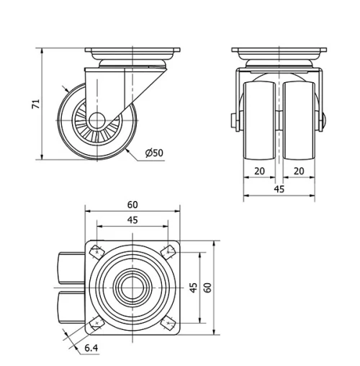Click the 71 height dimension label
[35, 103]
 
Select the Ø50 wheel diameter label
[154, 153]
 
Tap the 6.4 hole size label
[91, 348]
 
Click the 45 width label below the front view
[279, 189]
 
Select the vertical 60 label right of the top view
[207, 287]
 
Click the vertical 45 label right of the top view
[192, 287]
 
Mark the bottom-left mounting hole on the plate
[96, 323]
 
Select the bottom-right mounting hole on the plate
[169, 323]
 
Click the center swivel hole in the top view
[132, 287]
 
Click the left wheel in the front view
[259, 119]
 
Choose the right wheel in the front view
[300, 119]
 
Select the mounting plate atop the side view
[132, 53]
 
